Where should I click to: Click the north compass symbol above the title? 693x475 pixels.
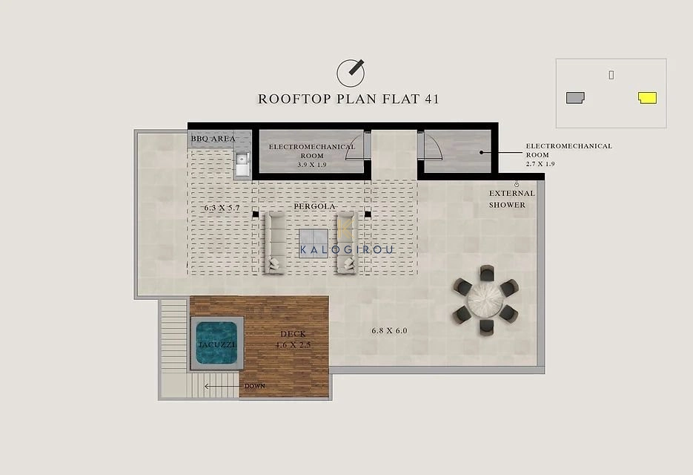[x=351, y=73]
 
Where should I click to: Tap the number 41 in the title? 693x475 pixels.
[x=432, y=99]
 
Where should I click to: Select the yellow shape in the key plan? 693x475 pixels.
[x=648, y=98]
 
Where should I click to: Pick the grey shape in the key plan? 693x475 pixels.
[x=575, y=98]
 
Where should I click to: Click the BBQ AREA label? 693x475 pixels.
[x=213, y=139]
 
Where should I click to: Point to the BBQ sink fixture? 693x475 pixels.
[x=242, y=165]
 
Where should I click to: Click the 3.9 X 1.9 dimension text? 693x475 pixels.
[x=312, y=165]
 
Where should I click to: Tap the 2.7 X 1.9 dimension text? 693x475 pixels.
[x=540, y=164]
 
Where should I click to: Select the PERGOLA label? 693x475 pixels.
[x=315, y=207]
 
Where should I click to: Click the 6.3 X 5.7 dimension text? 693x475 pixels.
[x=222, y=207]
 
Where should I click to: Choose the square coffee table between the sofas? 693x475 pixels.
[x=314, y=243]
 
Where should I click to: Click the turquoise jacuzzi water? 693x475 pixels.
[x=216, y=343]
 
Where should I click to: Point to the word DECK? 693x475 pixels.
[x=293, y=334]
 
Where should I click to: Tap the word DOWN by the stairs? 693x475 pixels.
[x=255, y=386]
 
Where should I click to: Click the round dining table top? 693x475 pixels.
[x=485, y=300]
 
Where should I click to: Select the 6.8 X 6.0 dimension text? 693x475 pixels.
[x=389, y=331]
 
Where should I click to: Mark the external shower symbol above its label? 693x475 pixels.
[x=516, y=183]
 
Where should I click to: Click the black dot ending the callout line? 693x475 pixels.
[x=481, y=153]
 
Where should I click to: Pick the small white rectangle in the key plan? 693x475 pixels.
[x=611, y=75]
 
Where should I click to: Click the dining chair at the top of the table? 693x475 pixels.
[x=487, y=272]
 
